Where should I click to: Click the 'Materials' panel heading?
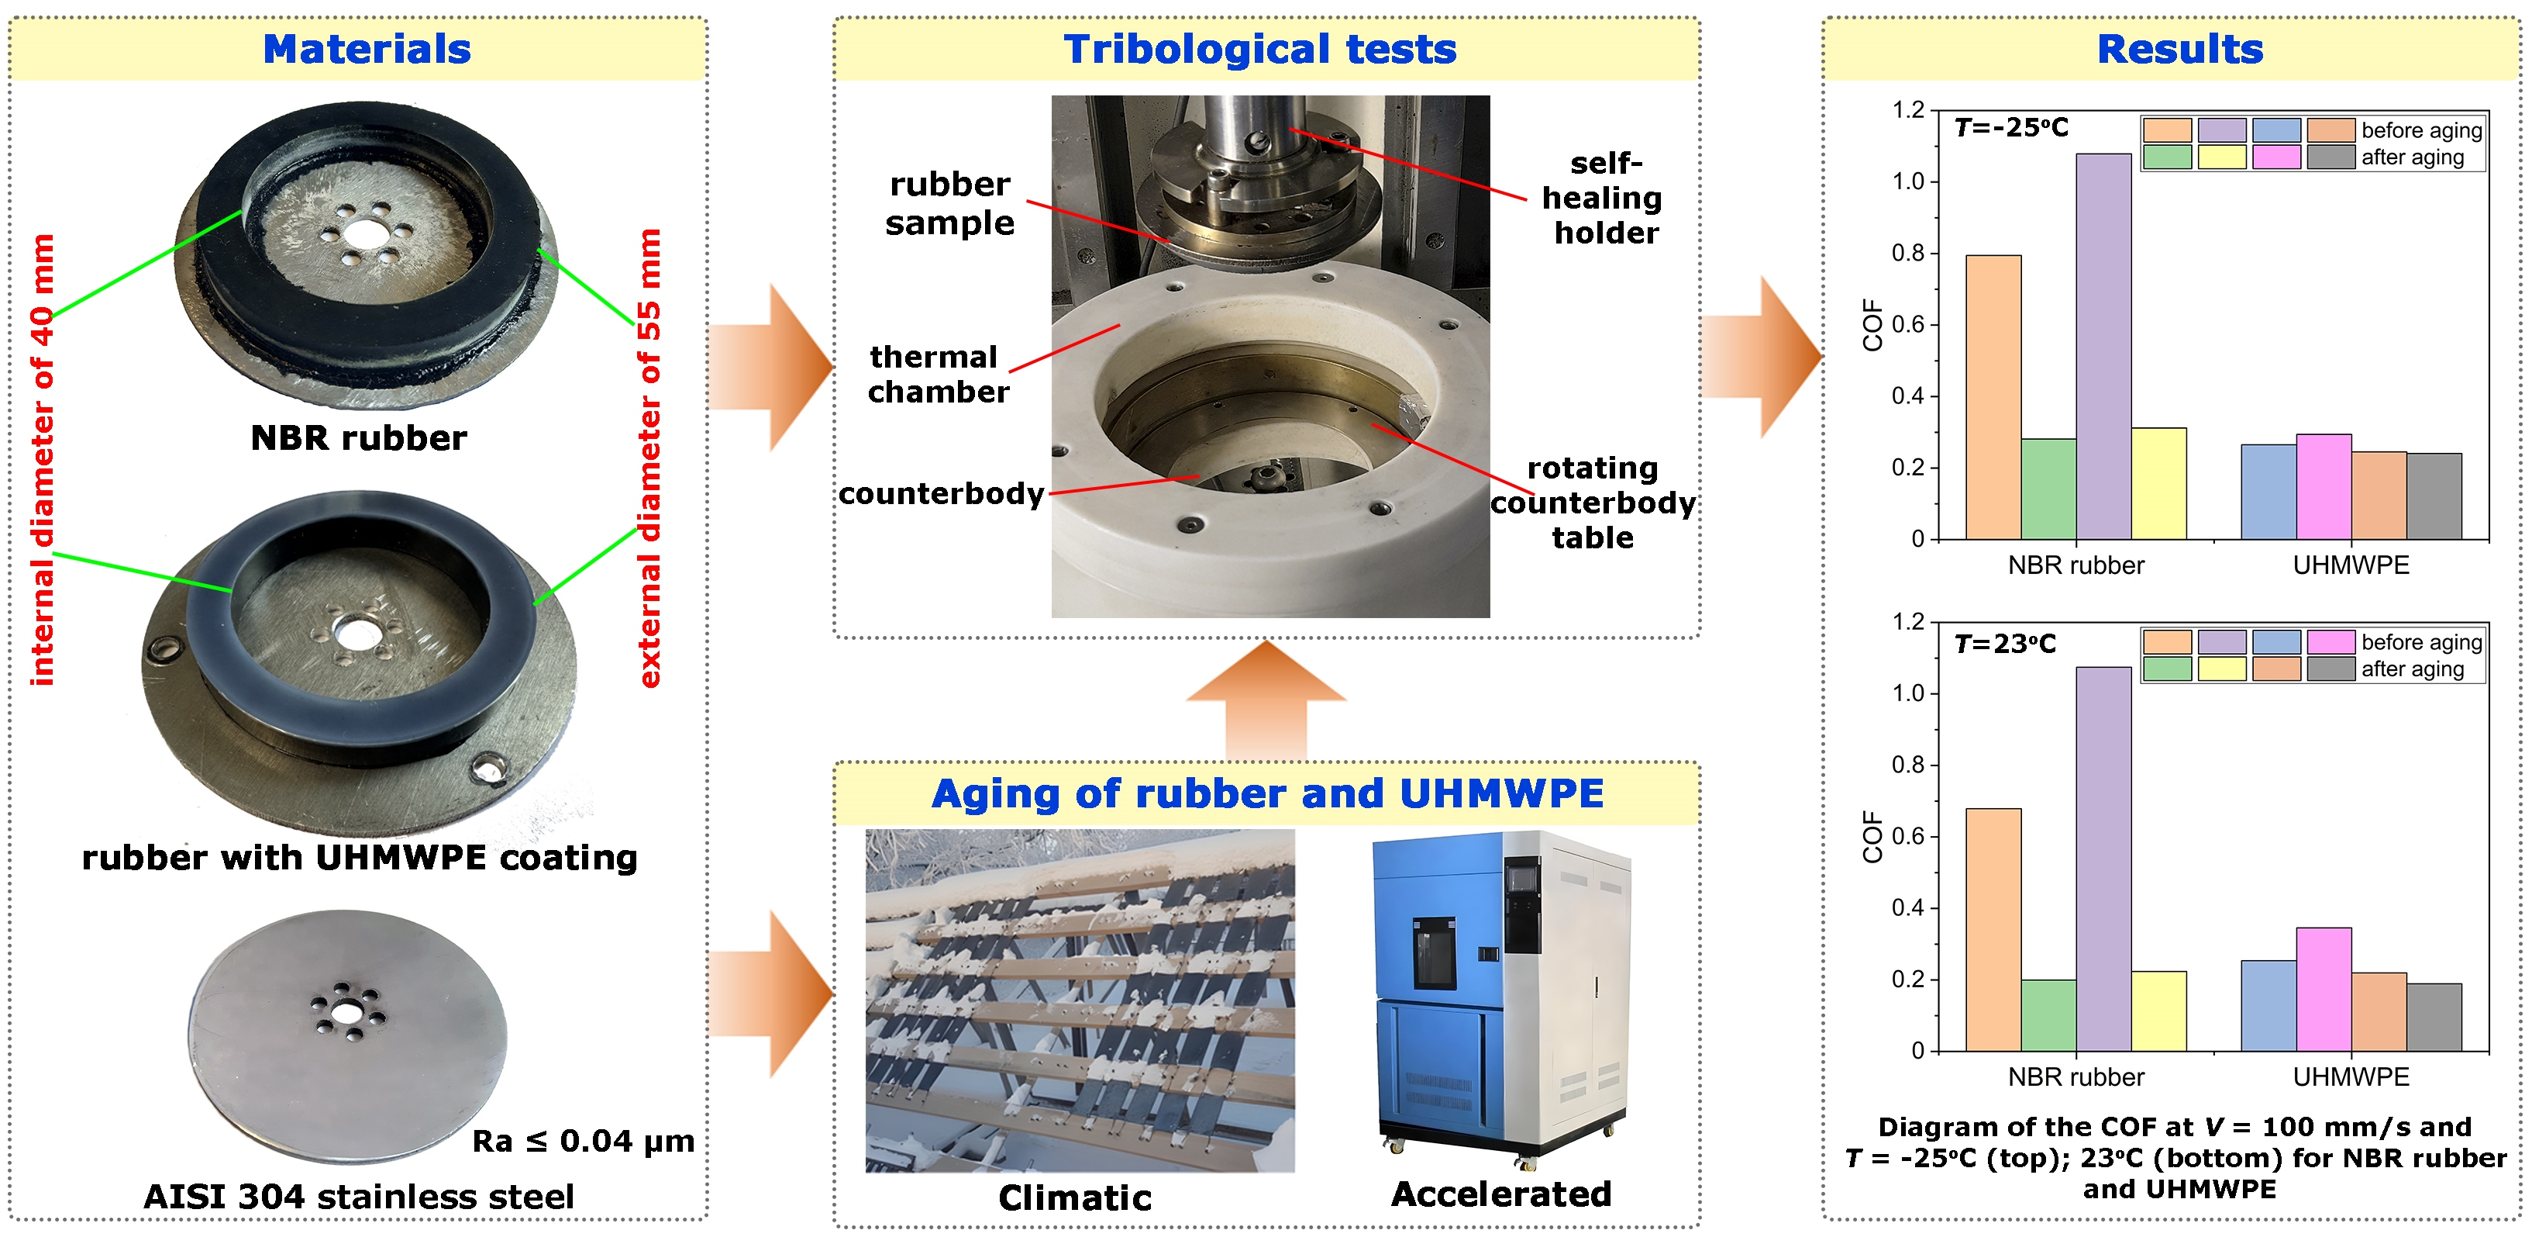(367, 49)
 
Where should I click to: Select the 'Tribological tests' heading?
(1259, 49)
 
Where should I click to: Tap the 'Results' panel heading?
(2179, 49)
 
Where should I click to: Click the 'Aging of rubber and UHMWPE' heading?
(1267, 793)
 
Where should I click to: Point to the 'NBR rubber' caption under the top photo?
(359, 437)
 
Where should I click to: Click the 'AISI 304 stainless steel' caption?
(359, 1196)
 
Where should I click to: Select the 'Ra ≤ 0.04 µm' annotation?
(583, 1141)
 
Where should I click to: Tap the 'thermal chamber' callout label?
(937, 374)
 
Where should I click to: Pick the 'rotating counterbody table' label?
(1593, 503)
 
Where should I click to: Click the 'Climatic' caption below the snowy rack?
(1074, 1197)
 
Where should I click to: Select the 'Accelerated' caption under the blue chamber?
(1501, 1193)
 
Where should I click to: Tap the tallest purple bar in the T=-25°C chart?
(2103, 344)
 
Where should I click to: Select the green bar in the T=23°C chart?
(2048, 1015)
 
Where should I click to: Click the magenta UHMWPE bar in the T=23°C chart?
(2324, 988)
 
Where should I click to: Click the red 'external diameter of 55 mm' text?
(649, 458)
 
